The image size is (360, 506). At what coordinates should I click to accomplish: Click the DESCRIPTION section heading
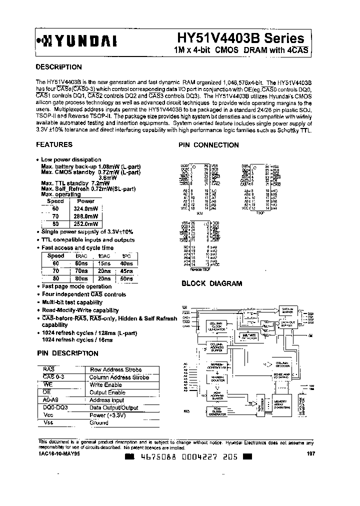click(59, 67)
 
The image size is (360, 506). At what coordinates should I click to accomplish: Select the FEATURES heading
click(54, 144)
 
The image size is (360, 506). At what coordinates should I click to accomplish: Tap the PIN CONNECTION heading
click(208, 145)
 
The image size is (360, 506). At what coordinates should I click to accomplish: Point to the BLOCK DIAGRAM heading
click(211, 283)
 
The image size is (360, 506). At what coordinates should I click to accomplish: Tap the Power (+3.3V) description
click(107, 415)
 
